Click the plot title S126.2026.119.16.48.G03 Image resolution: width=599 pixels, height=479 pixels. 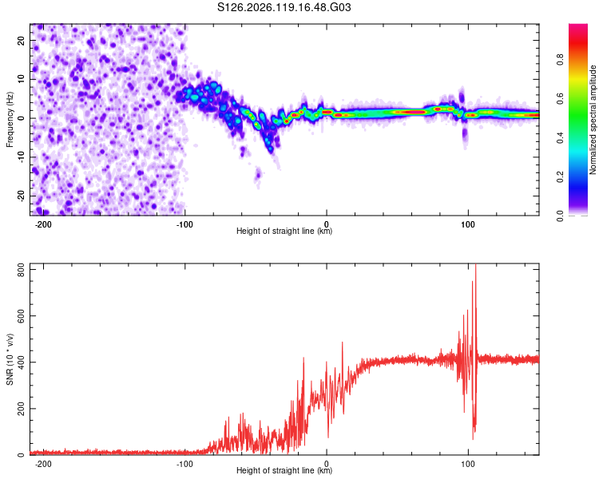point(284,7)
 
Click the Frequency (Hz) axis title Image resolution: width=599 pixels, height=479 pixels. point(10,120)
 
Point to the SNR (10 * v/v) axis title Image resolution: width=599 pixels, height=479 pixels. point(10,359)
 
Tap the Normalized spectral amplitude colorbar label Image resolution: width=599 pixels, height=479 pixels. point(593,120)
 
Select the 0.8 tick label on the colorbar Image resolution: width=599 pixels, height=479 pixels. point(560,60)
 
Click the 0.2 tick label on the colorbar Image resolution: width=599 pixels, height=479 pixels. point(560,177)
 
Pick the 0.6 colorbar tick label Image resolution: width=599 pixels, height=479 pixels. point(560,98)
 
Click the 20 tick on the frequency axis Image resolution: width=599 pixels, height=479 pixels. point(22,40)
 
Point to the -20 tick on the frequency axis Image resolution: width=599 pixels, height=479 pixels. point(22,196)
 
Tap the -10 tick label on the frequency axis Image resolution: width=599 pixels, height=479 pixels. point(22,157)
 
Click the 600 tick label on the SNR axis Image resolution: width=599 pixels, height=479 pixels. point(22,316)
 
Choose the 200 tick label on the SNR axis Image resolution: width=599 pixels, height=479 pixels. point(22,409)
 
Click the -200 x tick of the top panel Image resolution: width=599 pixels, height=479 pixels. point(43,224)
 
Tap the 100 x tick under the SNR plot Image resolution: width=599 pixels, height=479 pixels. point(467,464)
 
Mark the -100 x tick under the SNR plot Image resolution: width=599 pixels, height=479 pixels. point(184,464)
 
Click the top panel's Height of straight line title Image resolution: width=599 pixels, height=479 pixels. point(284,231)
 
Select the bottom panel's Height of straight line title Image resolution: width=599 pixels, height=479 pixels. point(284,470)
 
